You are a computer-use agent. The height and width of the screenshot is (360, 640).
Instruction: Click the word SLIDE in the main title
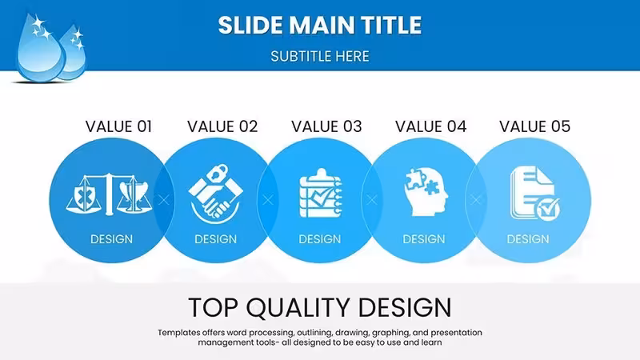250,25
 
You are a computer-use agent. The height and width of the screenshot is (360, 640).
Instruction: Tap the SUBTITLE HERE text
320,56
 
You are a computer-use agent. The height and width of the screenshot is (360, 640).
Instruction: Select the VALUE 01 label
118,126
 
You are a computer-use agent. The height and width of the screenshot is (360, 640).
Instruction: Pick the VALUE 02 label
222,126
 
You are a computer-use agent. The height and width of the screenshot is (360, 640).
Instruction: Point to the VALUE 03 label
326,126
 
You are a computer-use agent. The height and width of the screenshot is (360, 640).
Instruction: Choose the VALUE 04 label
430,126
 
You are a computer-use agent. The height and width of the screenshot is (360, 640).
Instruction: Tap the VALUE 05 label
534,126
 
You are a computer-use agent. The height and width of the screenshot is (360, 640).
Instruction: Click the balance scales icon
109,194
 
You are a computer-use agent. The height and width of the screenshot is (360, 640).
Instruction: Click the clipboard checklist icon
321,193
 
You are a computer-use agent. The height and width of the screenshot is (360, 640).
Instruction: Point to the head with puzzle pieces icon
426,191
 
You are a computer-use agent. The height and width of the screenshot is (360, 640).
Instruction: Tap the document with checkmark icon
534,193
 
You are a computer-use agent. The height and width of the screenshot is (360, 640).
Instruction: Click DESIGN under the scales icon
111,239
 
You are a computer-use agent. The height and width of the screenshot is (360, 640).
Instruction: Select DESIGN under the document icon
528,239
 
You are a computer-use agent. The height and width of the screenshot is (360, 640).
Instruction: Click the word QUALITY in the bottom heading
298,308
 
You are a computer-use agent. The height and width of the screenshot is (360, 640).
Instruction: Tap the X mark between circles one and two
164,200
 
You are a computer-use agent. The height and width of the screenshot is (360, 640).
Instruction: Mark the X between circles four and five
476,200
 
